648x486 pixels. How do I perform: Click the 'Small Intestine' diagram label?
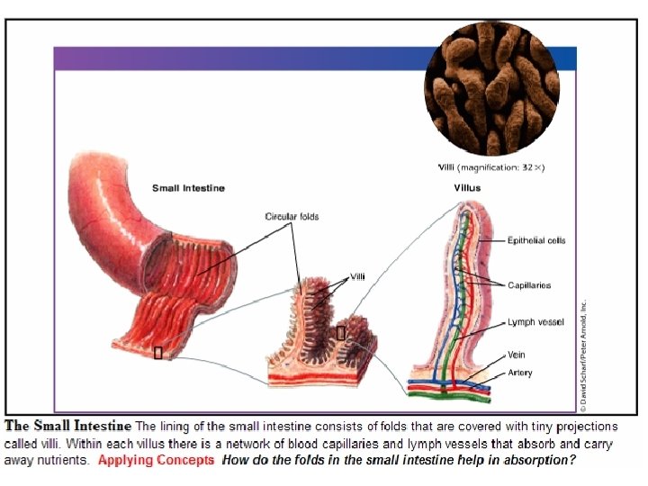coord(188,188)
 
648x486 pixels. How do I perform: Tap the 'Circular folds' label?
coord(292,217)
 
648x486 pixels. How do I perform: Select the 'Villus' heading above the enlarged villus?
coord(467,188)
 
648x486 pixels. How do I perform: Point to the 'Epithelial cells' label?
coord(536,240)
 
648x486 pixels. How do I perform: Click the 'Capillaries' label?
coord(529,285)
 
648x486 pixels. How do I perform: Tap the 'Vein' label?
coord(517,355)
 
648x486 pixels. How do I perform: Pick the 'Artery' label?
coord(520,373)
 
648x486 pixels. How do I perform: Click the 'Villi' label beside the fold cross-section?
coord(357,276)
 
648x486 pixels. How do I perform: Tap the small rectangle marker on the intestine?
coord(158,353)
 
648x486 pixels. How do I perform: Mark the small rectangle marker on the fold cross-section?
coord(340,333)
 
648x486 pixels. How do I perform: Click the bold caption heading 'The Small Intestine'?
coord(68,426)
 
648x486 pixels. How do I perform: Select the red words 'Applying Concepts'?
coord(156,460)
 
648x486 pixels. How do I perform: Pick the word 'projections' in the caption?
coord(587,426)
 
